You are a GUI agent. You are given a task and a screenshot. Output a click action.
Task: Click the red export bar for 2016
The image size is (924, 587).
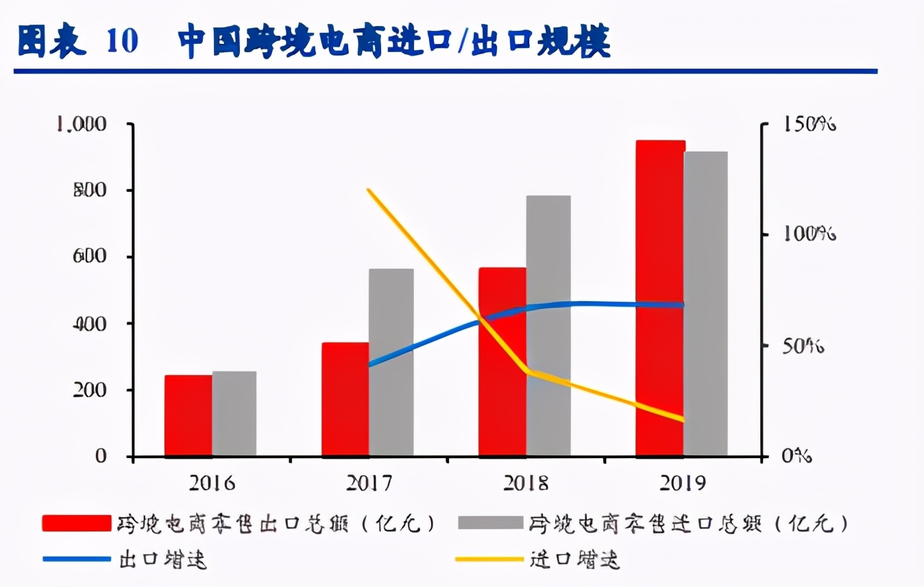tap(189, 416)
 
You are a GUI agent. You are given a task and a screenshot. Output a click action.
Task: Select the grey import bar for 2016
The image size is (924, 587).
tap(234, 414)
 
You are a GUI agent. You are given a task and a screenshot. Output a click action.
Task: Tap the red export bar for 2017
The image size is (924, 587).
tap(345, 399)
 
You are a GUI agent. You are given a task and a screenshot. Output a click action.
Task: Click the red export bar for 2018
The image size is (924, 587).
tap(502, 361)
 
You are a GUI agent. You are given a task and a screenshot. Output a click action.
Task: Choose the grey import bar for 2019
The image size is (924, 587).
tap(706, 304)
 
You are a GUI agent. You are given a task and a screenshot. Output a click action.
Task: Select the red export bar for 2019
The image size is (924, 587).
tap(660, 298)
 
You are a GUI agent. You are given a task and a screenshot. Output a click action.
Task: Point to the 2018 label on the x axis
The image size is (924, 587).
tap(526, 483)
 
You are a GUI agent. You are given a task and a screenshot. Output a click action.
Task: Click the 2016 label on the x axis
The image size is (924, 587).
tap(211, 483)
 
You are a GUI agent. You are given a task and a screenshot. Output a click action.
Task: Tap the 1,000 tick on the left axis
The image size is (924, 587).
tap(82, 124)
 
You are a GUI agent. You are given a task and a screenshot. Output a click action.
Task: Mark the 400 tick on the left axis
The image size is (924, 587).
tap(90, 324)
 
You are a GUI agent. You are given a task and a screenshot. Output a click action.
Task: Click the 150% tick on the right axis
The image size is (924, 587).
tap(809, 124)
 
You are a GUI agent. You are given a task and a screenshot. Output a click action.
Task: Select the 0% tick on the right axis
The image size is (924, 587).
tap(797, 456)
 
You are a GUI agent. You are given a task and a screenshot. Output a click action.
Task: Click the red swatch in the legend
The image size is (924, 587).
tap(76, 524)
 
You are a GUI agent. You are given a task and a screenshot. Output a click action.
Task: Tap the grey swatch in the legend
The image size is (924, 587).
tap(489, 524)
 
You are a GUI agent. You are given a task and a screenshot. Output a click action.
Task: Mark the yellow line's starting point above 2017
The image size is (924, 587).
tap(369, 189)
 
